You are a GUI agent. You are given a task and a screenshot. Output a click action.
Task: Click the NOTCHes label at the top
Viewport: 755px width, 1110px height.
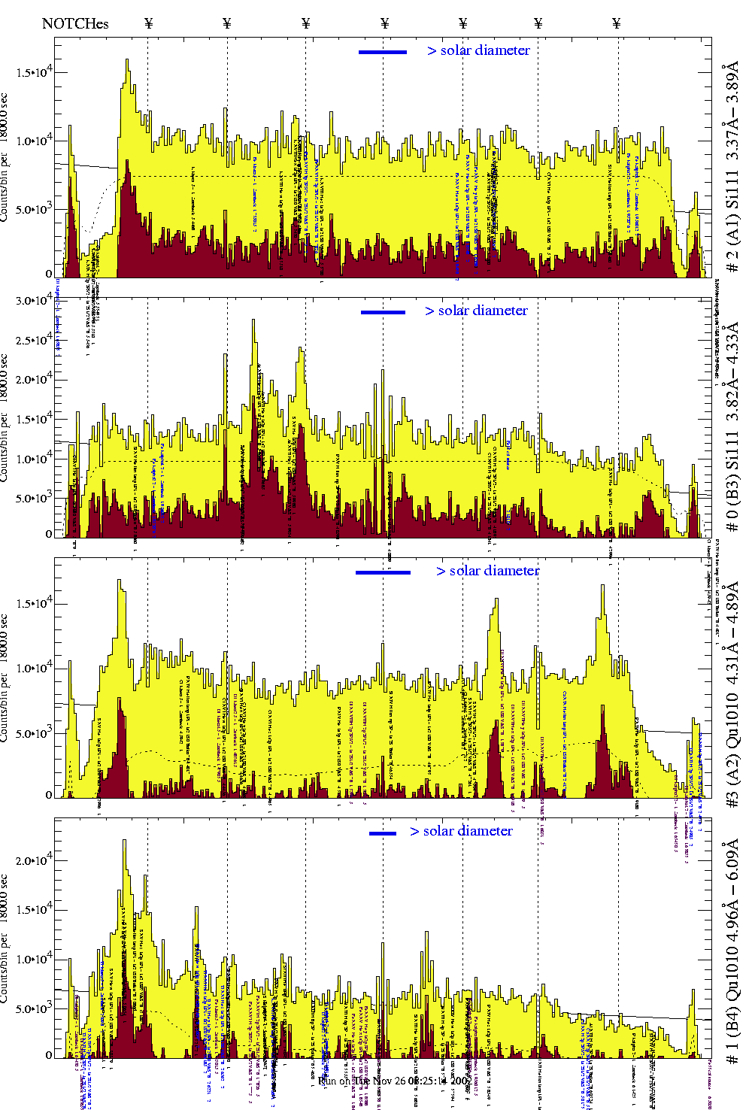pos(75,23)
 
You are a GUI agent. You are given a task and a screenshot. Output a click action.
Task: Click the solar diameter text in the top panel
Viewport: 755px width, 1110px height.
pos(479,50)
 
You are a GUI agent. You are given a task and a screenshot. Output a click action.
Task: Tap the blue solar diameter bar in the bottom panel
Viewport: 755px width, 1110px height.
pos(383,833)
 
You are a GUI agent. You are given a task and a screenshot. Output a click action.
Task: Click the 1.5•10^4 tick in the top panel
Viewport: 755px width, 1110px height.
pos(34,73)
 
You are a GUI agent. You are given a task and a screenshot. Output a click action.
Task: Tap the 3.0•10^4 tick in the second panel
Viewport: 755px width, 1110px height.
pos(34,301)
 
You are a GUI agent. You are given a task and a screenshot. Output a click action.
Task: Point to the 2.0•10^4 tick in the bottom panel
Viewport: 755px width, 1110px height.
pos(34,860)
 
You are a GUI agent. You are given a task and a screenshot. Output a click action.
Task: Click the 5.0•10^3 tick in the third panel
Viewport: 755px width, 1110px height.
pos(34,733)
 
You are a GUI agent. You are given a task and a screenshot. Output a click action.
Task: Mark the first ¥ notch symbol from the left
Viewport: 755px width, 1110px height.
pos(149,23)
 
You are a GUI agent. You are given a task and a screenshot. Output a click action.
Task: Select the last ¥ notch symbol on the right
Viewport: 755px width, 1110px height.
pos(617,23)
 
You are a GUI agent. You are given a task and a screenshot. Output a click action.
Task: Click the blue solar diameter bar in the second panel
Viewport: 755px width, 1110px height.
pos(383,312)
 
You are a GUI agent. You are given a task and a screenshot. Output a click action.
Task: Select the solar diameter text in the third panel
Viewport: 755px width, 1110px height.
pos(488,571)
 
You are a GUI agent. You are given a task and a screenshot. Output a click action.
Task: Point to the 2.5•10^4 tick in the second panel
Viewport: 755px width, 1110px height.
pos(34,341)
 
